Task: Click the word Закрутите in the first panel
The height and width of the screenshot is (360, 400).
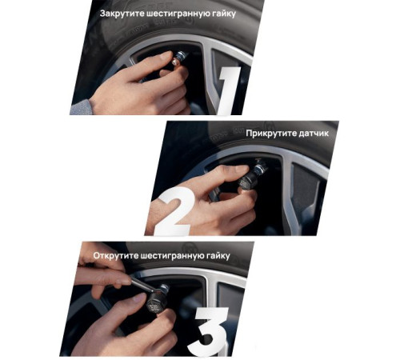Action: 122,14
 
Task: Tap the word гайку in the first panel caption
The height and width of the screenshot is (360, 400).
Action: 224,14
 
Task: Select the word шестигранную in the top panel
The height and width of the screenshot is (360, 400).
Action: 178,14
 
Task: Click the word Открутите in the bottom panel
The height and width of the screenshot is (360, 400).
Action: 116,255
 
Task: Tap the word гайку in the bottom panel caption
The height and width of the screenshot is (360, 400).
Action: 218,256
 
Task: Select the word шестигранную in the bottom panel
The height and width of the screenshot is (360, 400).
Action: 172,256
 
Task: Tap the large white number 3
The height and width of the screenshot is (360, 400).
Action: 208,331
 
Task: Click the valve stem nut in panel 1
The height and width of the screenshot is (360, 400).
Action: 181,57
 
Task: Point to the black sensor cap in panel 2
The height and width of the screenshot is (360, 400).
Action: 248,182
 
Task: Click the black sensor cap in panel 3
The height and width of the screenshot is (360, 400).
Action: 157,302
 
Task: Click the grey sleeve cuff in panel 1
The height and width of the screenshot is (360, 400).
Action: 81,107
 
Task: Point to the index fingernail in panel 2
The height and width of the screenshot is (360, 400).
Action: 241,168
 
